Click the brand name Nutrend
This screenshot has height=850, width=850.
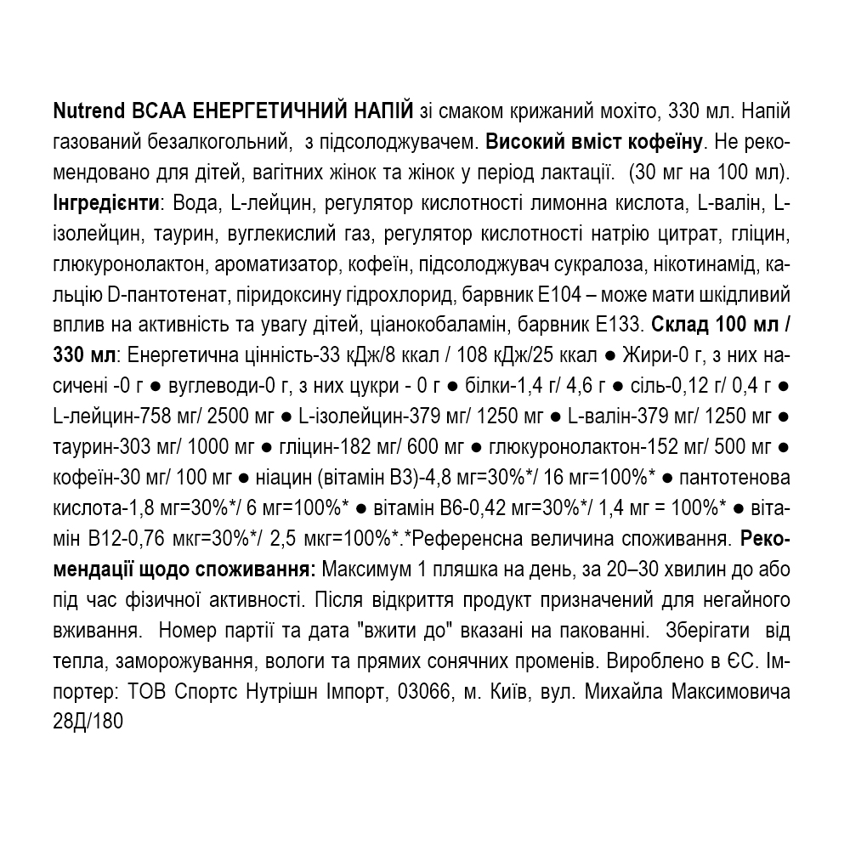coord(89,112)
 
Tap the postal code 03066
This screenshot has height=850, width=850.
coord(425,694)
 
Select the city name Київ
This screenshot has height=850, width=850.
coord(507,694)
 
